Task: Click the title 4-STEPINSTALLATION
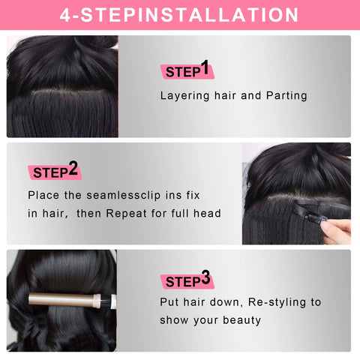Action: (179, 14)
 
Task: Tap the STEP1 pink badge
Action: (186, 70)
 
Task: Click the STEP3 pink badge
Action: (187, 280)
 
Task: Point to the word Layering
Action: (184, 96)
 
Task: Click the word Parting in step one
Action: (285, 96)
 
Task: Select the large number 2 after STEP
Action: (73, 169)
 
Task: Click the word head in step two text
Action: (208, 213)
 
